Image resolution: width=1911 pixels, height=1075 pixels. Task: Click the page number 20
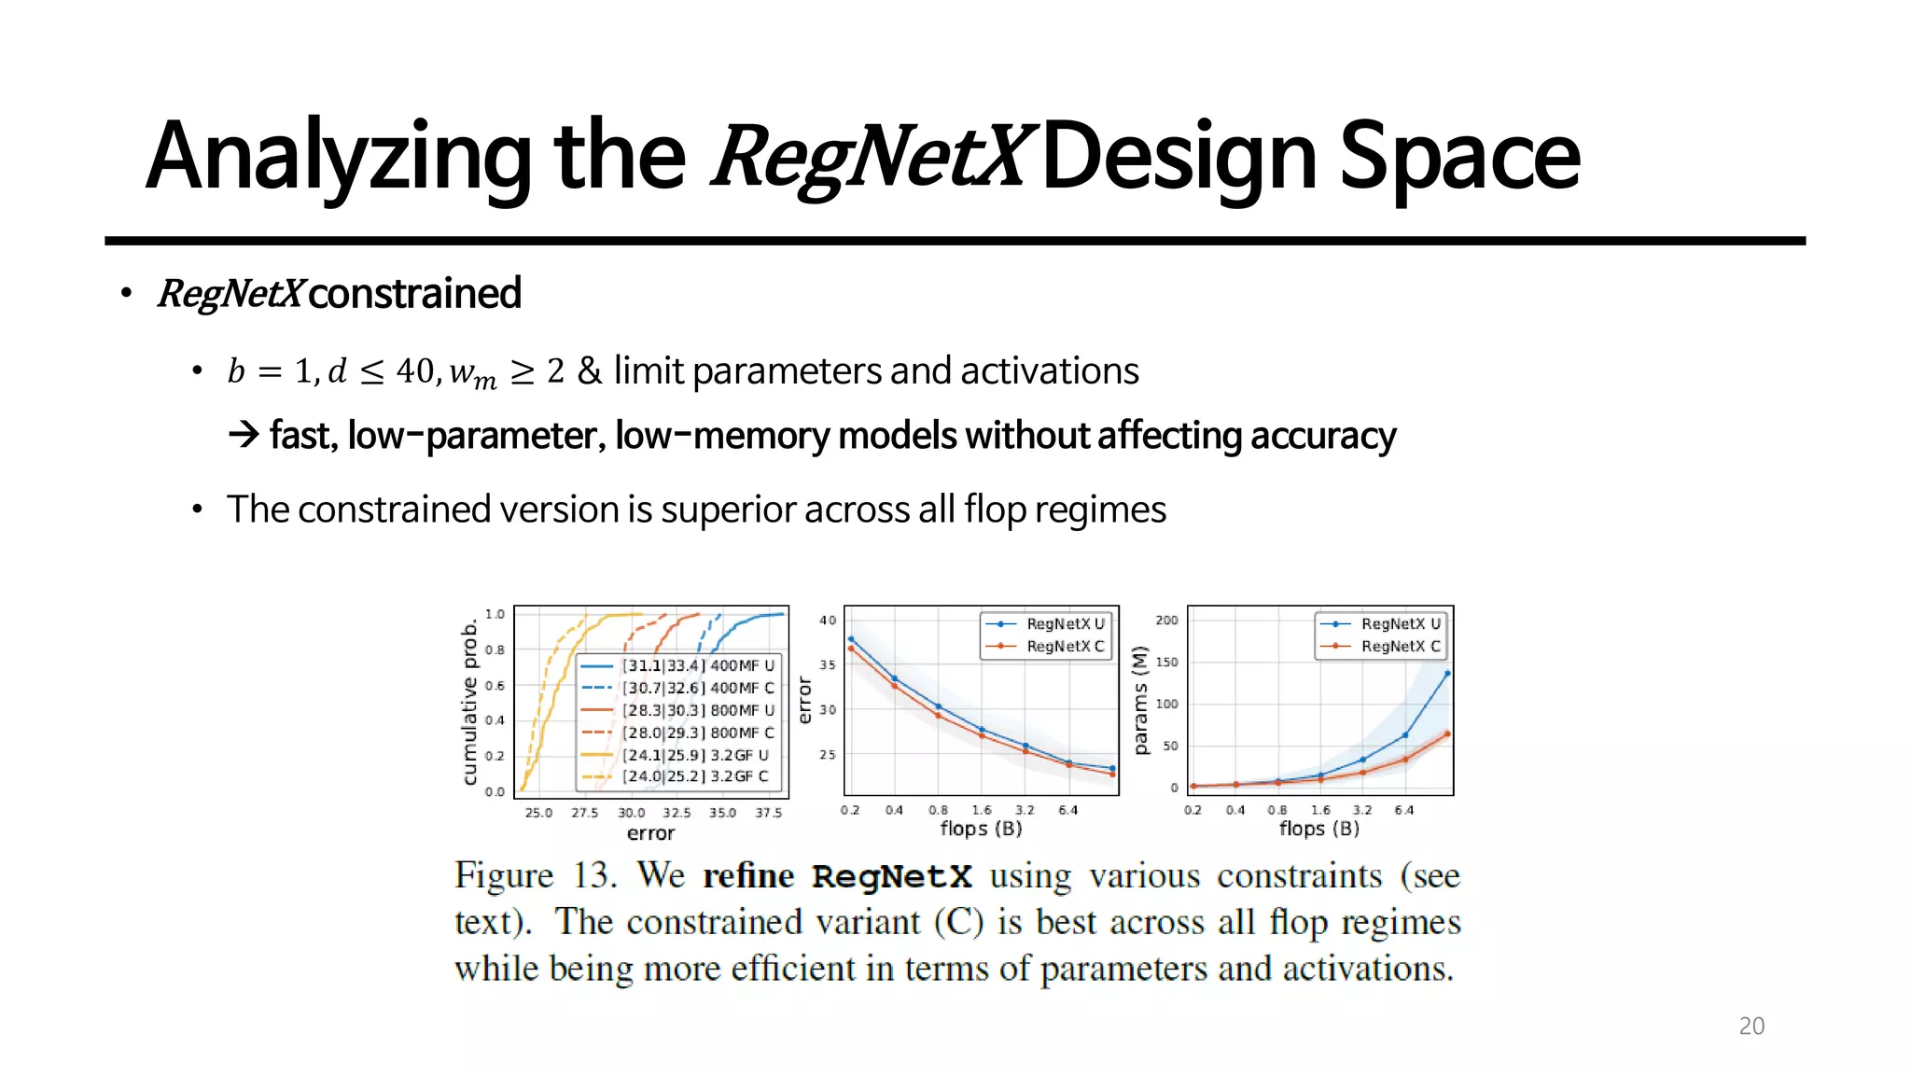(x=1751, y=1026)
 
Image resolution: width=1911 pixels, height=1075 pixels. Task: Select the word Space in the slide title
(x=1459, y=157)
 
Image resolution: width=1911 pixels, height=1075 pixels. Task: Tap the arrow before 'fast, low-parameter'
(x=244, y=435)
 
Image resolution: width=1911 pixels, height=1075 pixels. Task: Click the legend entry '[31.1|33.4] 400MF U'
(x=698, y=665)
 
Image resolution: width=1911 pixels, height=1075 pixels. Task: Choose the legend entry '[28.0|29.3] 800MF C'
(x=698, y=733)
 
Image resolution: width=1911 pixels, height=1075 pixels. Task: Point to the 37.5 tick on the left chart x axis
(x=769, y=813)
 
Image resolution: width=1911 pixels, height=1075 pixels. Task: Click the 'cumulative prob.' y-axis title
(x=469, y=704)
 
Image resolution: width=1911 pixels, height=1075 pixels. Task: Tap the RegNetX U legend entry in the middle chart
(x=1065, y=623)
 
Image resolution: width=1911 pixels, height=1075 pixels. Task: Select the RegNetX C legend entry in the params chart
(x=1400, y=646)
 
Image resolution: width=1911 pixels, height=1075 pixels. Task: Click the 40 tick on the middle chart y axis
(x=828, y=620)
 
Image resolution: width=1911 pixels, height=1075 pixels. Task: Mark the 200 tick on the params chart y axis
(x=1166, y=620)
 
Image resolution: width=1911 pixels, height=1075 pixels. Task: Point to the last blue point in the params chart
(x=1447, y=673)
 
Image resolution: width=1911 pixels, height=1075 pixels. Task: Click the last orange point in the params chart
(x=1447, y=734)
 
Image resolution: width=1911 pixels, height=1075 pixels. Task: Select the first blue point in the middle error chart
(x=851, y=639)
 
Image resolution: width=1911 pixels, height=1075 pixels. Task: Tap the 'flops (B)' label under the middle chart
(x=981, y=829)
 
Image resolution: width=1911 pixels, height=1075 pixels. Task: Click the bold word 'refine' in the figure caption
(x=748, y=876)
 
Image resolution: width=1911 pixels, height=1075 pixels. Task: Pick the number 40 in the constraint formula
(x=414, y=370)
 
